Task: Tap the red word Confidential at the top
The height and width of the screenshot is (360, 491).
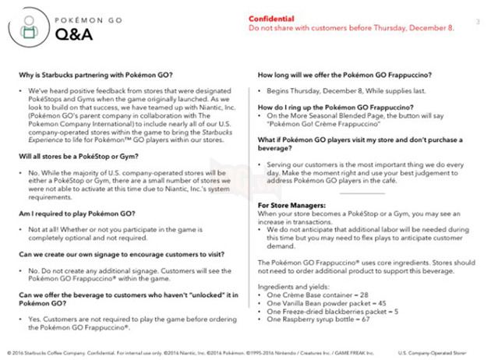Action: pyautogui.click(x=274, y=18)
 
